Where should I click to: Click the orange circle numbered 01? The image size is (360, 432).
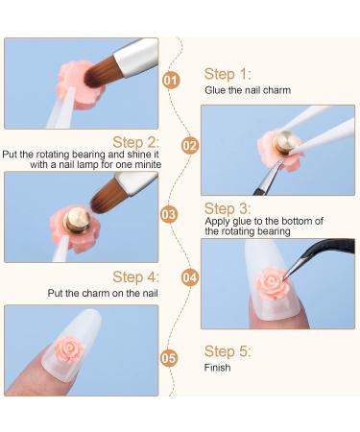click(171, 80)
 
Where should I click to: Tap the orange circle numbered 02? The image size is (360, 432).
click(190, 146)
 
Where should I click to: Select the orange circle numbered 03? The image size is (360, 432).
click(169, 214)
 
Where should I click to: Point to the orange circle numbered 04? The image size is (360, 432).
click(190, 277)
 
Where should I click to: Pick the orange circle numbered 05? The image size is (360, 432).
click(169, 358)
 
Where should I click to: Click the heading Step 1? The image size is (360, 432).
click(228, 74)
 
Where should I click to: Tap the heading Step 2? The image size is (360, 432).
click(135, 142)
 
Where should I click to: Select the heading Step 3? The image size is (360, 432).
click(228, 208)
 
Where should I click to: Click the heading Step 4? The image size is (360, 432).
click(135, 276)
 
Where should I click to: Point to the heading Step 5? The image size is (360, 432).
click(228, 351)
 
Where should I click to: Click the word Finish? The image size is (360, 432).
click(217, 368)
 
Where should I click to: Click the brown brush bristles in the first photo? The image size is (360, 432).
click(103, 72)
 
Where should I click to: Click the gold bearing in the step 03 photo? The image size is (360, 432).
click(78, 220)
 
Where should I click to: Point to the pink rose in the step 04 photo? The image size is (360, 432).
click(272, 283)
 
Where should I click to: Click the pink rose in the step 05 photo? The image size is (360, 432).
click(69, 348)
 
